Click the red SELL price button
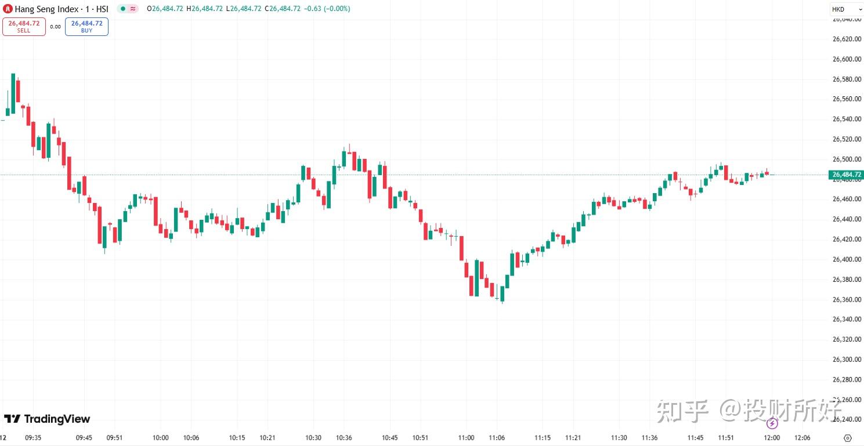click(x=24, y=27)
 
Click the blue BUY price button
click(x=86, y=27)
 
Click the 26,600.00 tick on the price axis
click(x=846, y=59)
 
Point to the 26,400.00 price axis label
click(x=846, y=259)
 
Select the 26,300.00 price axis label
click(x=846, y=360)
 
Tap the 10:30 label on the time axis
click(x=313, y=438)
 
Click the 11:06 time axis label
click(x=497, y=438)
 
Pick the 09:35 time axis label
click(x=33, y=438)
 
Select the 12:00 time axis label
click(x=772, y=438)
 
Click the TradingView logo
click(x=47, y=419)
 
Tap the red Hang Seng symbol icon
click(x=8, y=9)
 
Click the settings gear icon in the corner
click(x=847, y=438)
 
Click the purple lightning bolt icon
click(x=772, y=423)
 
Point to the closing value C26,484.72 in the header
click(x=284, y=9)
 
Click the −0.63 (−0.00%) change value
click(x=328, y=9)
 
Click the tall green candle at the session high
click(x=13, y=93)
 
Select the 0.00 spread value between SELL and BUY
click(x=55, y=27)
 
